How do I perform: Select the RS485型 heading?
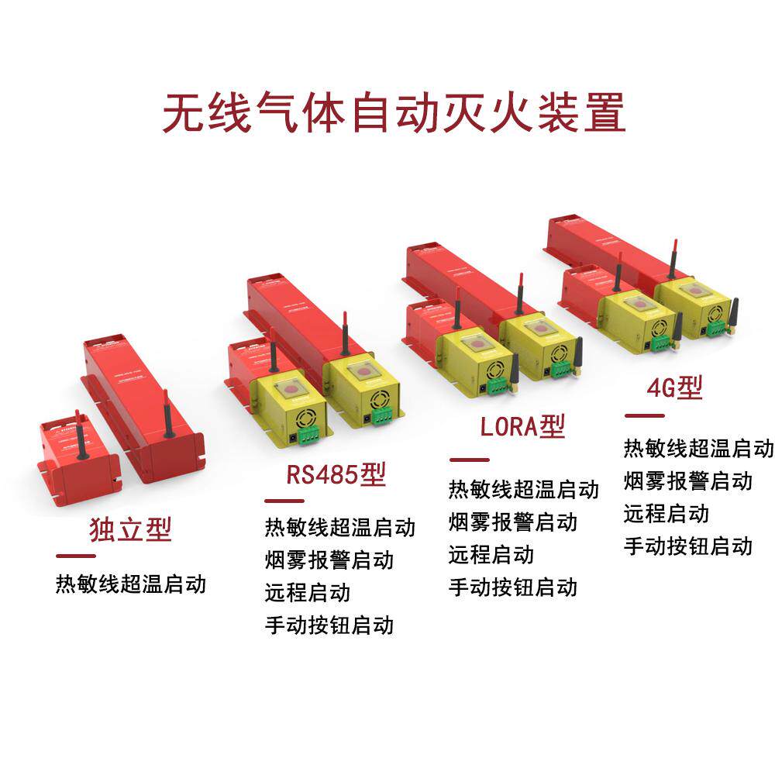coord(336,474)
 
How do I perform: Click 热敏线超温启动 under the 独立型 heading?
coord(131,583)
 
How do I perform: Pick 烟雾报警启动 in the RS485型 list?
coord(329,560)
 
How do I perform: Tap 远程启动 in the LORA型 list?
coord(491,554)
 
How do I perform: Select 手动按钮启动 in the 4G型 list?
coord(688,546)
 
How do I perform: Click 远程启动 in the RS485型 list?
coord(308,592)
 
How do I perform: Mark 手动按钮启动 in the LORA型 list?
coord(513,587)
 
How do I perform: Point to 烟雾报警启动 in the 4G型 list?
coord(688,480)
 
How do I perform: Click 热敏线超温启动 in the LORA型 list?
coord(524,489)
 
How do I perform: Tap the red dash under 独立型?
coord(75,556)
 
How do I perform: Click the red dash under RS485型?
coord(284,501)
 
